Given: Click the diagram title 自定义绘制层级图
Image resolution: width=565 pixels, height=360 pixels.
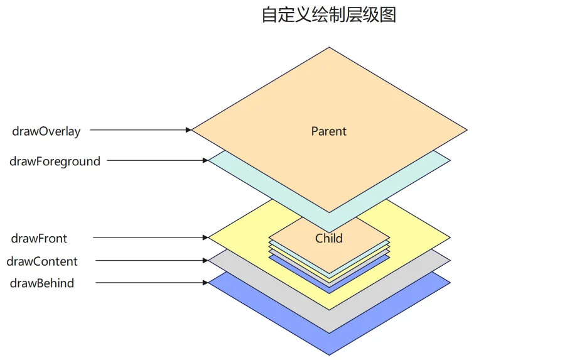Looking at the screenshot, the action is pos(328,15).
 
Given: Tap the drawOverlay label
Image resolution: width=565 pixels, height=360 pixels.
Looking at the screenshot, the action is pos(46,131).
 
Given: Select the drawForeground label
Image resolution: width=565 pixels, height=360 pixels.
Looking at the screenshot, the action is pos(55,161).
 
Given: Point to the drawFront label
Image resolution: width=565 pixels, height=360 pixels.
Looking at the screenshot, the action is pos(39,239).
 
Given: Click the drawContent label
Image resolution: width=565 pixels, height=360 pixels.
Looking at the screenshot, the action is pos(42,261).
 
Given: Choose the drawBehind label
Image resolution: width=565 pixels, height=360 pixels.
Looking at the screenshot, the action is pos(42,283).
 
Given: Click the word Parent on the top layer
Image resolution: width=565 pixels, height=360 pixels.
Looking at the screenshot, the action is pos(328,131).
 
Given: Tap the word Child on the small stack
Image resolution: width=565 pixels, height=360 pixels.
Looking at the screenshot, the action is pos(328,239).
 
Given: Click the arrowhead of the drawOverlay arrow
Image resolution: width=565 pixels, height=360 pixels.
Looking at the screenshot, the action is pos(188,130).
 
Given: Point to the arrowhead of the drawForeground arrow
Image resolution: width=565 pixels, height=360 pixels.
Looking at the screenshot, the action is pos(206,160).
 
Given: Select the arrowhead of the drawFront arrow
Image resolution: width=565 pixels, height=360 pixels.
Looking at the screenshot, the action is pos(206,237).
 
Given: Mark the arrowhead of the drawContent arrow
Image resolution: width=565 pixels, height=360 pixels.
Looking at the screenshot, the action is pos(206,261).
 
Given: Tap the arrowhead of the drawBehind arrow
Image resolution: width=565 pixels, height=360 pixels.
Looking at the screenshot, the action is pos(206,283).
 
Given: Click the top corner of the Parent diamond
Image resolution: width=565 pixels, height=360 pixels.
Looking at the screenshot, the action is pos(329,47).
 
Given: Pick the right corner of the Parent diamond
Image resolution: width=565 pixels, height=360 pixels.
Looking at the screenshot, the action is pos(467,130).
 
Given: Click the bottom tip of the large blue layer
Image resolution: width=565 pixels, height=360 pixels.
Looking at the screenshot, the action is pos(329,356).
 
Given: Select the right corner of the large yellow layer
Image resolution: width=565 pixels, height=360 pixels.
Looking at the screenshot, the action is pos(450,237).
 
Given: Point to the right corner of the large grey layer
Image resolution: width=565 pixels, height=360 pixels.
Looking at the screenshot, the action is pos(450,261).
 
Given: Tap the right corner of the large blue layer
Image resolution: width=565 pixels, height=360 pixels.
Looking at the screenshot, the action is pos(450,283).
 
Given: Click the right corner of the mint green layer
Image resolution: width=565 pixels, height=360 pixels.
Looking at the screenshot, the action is pos(450,160).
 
